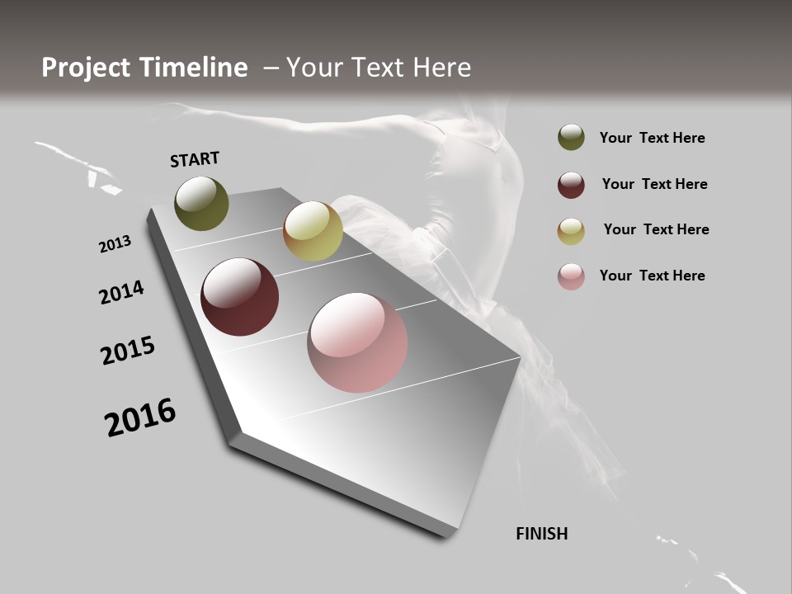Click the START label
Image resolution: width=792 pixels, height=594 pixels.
(195, 159)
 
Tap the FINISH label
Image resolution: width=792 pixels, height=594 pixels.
(542, 534)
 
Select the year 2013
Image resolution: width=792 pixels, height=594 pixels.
(115, 244)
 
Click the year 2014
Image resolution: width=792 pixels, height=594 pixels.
(121, 293)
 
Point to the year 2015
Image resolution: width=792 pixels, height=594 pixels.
(128, 351)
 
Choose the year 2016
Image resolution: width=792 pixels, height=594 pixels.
(140, 417)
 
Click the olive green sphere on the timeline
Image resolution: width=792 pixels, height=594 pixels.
(201, 203)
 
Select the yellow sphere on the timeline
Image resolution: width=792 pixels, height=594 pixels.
(313, 231)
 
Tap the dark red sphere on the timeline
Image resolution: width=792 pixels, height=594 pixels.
(239, 297)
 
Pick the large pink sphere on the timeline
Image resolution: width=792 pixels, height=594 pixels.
(357, 342)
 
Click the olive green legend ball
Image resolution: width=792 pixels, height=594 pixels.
(571, 137)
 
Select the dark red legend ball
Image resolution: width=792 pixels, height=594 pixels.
(571, 185)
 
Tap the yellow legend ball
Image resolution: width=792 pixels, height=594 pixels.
(571, 231)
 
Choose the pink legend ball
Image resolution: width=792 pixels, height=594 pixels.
(571, 276)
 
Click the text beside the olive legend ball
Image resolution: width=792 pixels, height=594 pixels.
(652, 138)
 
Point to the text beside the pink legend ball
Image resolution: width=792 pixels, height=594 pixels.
(652, 276)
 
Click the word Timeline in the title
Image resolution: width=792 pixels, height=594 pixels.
(196, 68)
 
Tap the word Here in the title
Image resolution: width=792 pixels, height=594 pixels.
(441, 68)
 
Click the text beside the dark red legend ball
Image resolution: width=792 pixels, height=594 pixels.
(654, 184)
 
